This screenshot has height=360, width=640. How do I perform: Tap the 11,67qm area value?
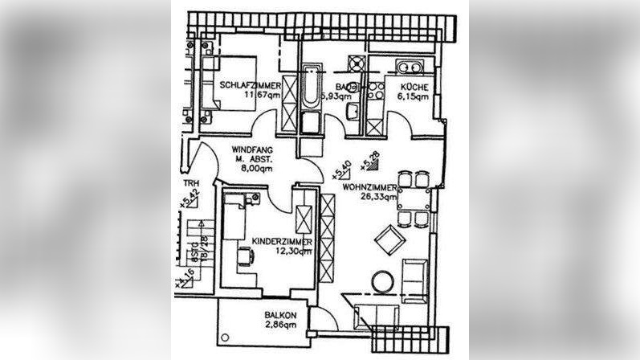tap(262, 96)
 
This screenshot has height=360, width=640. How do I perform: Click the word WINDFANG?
tap(251, 150)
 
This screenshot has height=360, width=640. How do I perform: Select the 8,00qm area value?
tap(256, 170)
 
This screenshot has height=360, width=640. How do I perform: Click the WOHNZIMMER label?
tap(369, 186)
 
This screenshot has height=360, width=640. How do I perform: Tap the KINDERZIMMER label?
tap(281, 241)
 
